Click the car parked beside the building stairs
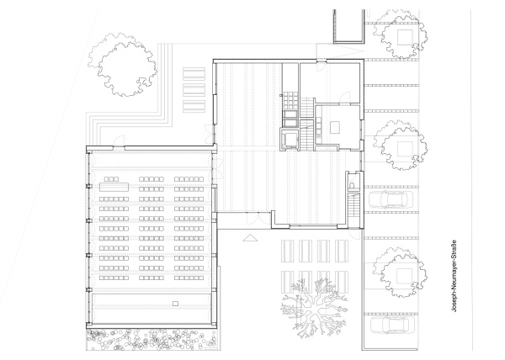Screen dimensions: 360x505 391,200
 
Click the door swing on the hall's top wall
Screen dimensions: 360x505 117,143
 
